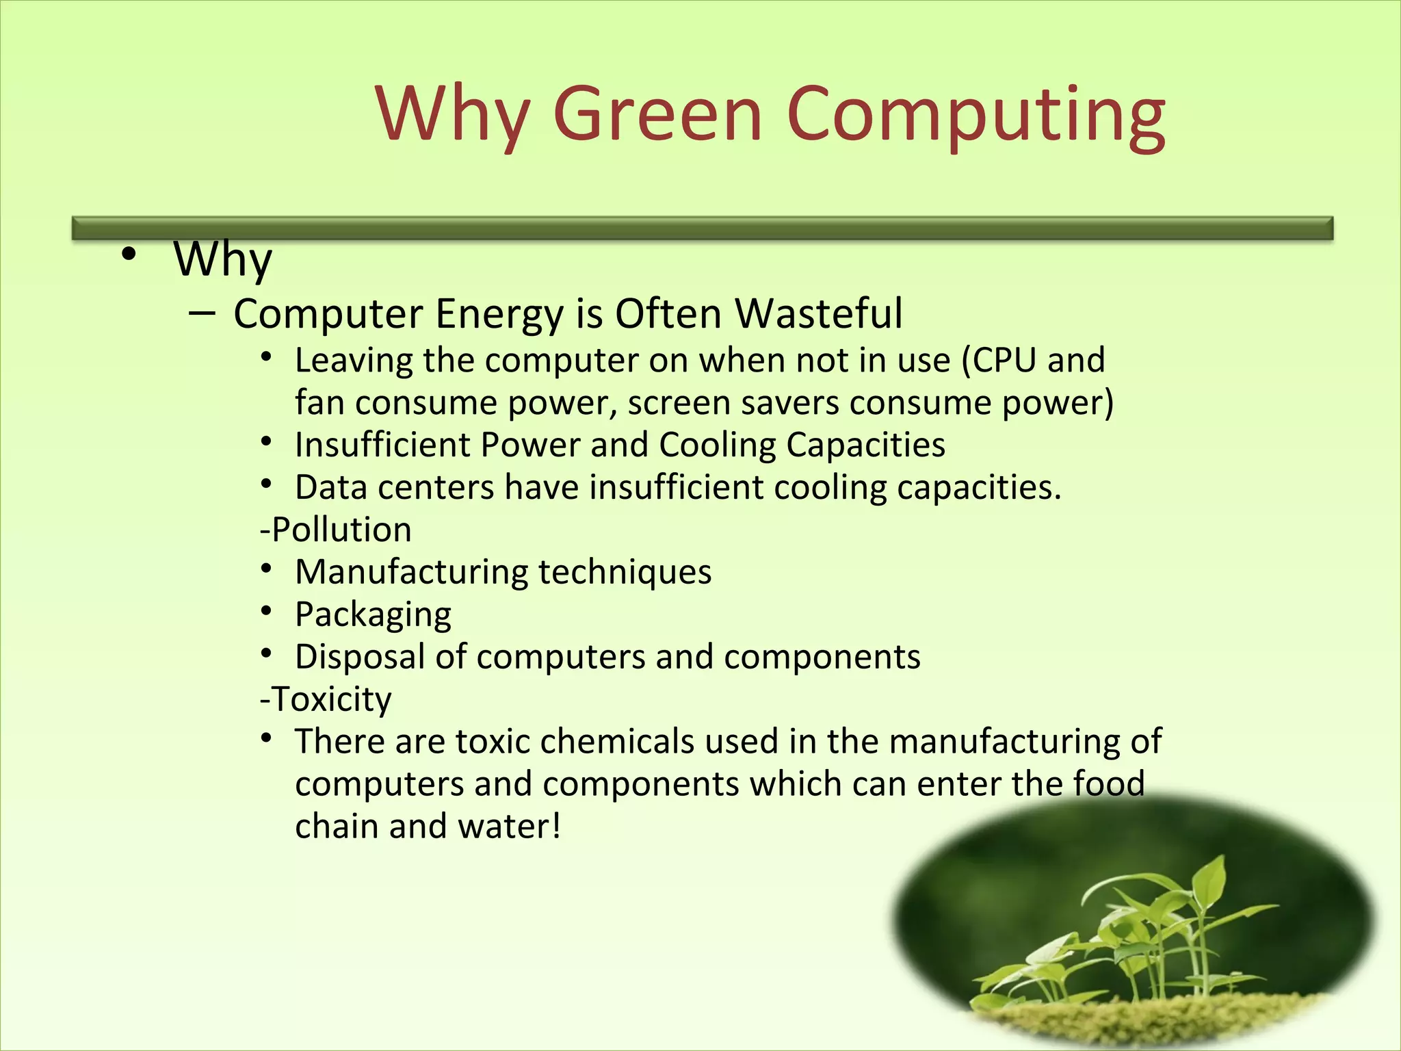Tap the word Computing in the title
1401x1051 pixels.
click(x=976, y=115)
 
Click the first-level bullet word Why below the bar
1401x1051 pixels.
click(x=223, y=260)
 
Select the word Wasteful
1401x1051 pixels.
click(x=819, y=314)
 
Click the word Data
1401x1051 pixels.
click(x=326, y=488)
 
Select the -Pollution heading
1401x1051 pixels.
click(x=336, y=530)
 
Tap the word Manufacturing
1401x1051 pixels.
click(x=411, y=573)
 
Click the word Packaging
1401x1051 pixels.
click(x=373, y=615)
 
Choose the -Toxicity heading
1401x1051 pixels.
click(x=326, y=699)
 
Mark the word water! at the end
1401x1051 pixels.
click(x=510, y=827)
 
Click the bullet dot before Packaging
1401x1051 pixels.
click(x=267, y=610)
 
